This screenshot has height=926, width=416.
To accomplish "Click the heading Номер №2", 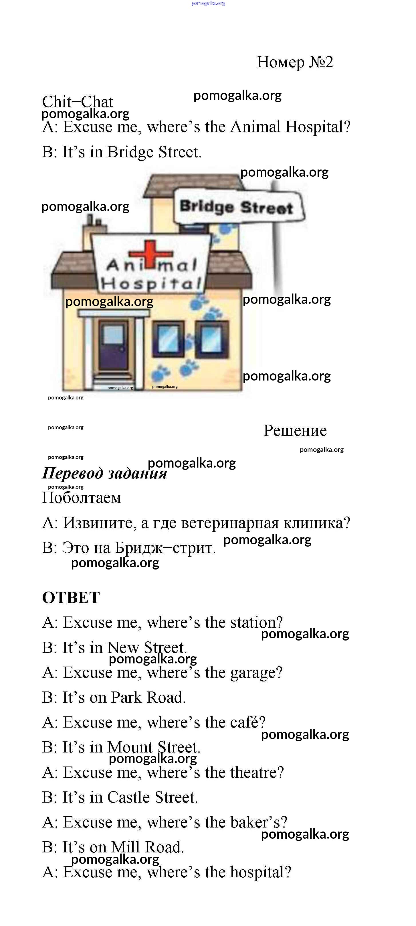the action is pos(295,62).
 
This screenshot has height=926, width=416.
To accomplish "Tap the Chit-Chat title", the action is pos(77,101).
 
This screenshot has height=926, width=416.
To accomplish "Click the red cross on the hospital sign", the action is pos(151,254).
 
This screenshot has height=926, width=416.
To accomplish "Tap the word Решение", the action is pos(295,430).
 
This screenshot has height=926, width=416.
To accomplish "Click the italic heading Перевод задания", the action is pos(104,473).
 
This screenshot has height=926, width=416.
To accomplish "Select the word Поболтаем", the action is pos(82,498).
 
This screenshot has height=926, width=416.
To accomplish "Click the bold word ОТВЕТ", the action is pos(71,598).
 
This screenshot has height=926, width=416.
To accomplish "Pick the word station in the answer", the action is pos(256,622).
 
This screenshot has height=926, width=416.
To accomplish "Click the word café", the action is pos(247,722).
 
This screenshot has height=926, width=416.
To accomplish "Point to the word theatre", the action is pos(257,772).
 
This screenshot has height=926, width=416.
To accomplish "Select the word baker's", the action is pos(259,822).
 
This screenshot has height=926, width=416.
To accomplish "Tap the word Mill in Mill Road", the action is pos(125,847).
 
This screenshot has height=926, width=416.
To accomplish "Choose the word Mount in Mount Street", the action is pos(130,747).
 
